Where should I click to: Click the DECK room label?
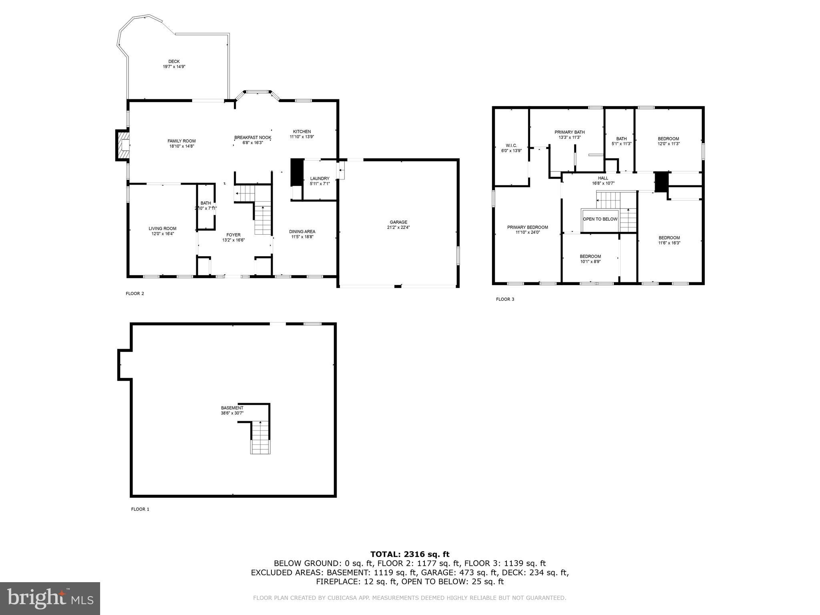coord(174,62)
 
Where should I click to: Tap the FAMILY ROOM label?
coord(181,141)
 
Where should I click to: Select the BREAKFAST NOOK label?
coord(253,138)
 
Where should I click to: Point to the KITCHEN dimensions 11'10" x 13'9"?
coord(301,137)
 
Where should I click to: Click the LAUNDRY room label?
coord(320,179)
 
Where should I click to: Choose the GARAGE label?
coord(398,222)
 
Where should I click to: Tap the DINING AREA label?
coord(302,231)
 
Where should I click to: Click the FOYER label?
coord(233,235)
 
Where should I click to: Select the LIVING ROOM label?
coord(163,229)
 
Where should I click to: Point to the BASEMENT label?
coord(232,408)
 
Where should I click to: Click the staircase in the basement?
coord(261,438)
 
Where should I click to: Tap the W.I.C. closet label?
coord(511,145)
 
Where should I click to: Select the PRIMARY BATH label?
coord(569,132)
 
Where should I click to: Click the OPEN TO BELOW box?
coord(600,219)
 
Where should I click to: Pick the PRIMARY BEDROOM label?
coord(527,227)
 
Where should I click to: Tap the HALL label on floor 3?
coord(603,178)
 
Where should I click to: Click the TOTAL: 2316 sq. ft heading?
coord(410,554)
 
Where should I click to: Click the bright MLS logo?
coord(50,599)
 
